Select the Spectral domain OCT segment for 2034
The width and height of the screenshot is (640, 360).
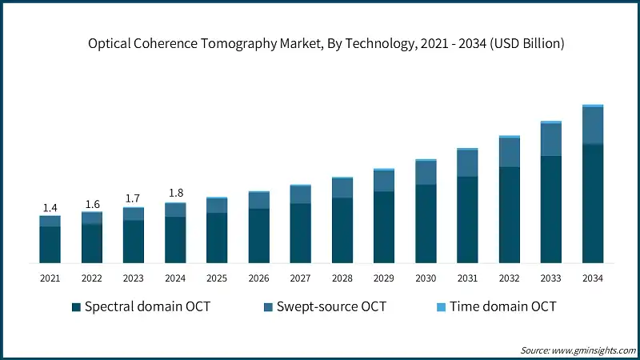point(593,203)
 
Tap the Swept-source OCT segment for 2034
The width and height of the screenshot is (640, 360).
point(593,126)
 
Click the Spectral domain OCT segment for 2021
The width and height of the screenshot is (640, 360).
point(50,245)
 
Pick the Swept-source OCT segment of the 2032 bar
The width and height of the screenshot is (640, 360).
point(510,152)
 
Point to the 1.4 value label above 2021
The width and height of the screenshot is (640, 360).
point(50,208)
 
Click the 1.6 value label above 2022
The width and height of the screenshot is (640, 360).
point(92,204)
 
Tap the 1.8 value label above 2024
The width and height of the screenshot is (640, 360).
point(175,194)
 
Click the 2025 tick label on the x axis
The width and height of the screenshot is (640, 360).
point(217,278)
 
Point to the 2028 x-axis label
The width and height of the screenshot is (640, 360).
point(342,278)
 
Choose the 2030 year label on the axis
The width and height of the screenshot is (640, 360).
point(426,278)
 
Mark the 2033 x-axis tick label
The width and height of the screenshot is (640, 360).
point(551,278)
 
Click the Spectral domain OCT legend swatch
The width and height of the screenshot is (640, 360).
point(76,307)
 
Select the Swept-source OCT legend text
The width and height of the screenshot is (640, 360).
point(330,307)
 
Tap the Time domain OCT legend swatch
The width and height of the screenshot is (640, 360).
point(440,307)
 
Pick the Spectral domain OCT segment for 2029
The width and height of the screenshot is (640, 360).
point(384,227)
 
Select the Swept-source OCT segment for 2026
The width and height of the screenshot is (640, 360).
point(258,200)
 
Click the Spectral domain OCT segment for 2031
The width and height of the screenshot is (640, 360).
point(467,220)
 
